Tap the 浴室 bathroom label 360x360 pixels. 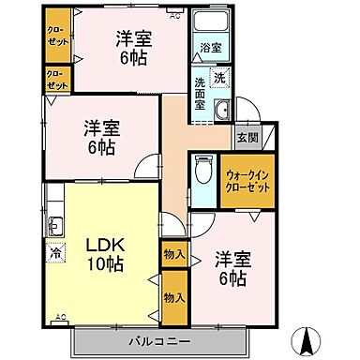(210, 48)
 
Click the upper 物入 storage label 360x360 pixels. (173, 254)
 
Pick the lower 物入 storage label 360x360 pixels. (173, 296)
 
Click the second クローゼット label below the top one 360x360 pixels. (57, 79)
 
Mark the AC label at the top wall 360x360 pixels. (175, 16)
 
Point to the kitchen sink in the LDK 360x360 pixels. (53, 227)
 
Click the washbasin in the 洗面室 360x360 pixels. (222, 113)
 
